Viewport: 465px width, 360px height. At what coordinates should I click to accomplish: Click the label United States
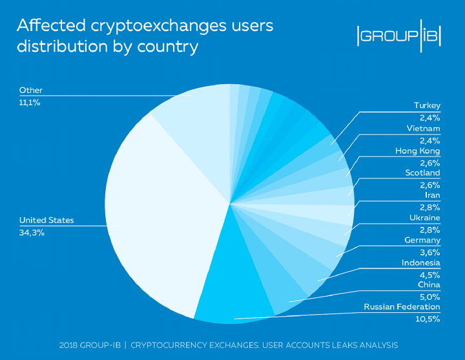click(x=46, y=220)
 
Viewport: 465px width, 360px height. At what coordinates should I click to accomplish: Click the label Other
click(x=30, y=90)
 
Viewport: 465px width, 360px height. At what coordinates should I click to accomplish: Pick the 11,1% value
click(x=30, y=102)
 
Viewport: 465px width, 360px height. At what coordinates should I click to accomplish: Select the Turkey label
click(x=427, y=105)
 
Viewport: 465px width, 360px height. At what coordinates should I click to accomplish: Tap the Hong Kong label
click(x=417, y=151)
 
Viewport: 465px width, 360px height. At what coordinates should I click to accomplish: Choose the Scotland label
click(x=422, y=173)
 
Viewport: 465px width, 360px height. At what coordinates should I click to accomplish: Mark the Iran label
click(x=432, y=195)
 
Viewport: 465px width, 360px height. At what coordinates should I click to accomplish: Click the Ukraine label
click(x=425, y=218)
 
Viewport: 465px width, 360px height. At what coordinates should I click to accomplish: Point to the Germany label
click(x=422, y=240)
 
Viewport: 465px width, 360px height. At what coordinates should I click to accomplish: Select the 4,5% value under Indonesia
click(x=430, y=274)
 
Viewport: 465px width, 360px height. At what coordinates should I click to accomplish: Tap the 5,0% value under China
click(x=430, y=297)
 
